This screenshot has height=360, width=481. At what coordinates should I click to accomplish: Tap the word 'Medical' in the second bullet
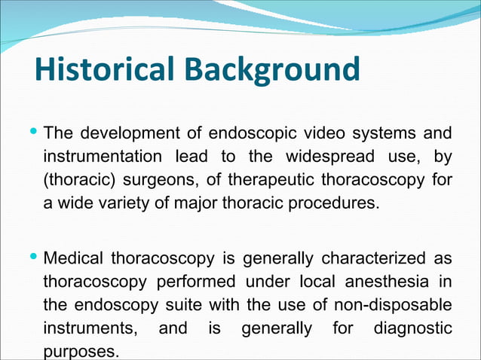(x=75, y=260)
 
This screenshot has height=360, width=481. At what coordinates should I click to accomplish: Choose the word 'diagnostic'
(x=413, y=330)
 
